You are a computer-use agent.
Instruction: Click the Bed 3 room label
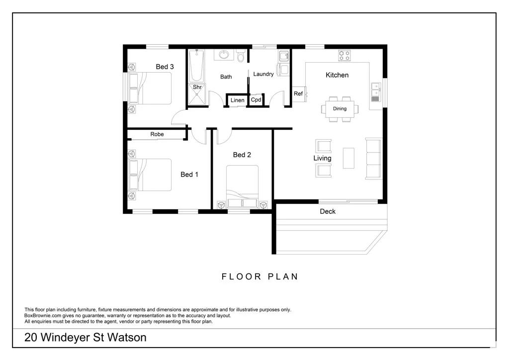coord(165,67)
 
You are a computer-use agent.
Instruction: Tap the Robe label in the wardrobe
coord(157,134)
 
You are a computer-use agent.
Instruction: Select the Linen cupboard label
coord(237,100)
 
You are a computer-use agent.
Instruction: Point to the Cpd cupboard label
coord(256,99)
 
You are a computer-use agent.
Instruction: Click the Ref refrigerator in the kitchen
coord(299,94)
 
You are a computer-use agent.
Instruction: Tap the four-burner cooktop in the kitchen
coord(344,55)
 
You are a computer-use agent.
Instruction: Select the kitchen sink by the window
coord(376,92)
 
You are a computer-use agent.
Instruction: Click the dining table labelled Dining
coord(340,109)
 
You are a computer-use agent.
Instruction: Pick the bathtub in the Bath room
coord(196,66)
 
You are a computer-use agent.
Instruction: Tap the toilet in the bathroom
coord(241,56)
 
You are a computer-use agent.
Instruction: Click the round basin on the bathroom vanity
coord(224,54)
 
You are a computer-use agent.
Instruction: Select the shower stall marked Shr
coord(197,94)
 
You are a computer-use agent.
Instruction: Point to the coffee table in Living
coord(348,158)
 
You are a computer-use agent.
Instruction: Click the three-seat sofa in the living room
coord(373,159)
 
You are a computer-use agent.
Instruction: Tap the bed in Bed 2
coord(242,186)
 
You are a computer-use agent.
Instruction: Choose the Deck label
coord(328,212)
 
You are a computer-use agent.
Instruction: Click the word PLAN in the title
coord(283,276)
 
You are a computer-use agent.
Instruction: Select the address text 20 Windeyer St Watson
coord(85,338)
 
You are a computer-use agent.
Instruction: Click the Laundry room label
coord(263,75)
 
